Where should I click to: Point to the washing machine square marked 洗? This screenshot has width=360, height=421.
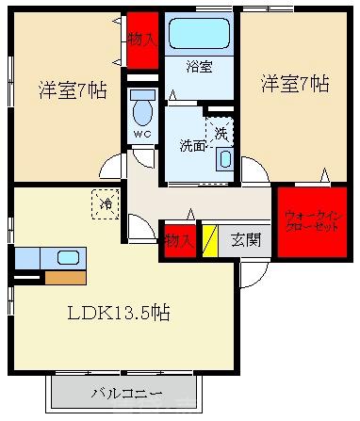[221, 133]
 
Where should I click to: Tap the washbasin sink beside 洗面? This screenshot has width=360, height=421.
[223, 158]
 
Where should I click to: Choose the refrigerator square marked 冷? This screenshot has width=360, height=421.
[106, 202]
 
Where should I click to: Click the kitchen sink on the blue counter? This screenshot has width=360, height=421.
[67, 257]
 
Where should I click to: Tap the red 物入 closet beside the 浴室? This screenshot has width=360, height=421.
[143, 39]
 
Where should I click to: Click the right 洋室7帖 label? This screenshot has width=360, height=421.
[294, 83]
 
